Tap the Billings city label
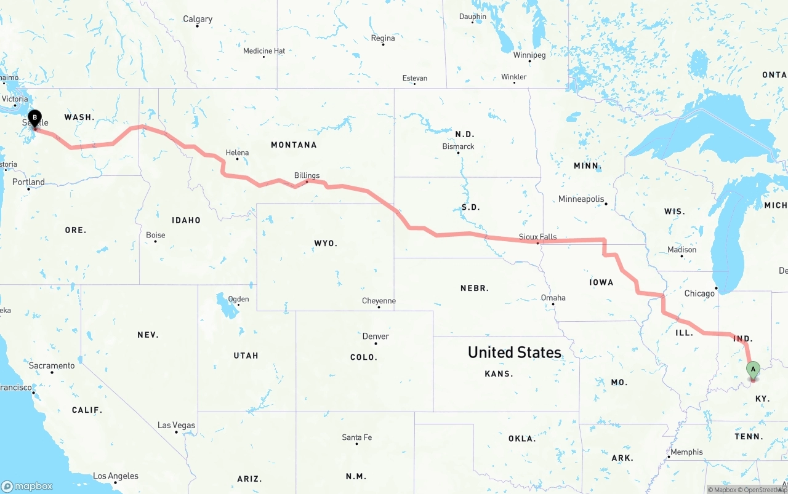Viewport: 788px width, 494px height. [x=307, y=175]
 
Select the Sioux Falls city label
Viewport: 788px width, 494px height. [x=537, y=236]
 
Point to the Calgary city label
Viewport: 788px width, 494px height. [x=198, y=19]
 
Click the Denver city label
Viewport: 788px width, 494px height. [x=376, y=336]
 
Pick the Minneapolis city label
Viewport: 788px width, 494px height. [x=581, y=199]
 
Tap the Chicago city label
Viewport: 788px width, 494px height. [x=699, y=293]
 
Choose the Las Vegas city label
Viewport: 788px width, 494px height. [x=176, y=425]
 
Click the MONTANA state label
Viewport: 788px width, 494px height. [x=294, y=145]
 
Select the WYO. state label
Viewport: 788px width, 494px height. [x=326, y=243]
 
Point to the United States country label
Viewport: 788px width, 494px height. [x=514, y=352]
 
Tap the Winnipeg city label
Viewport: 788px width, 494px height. [x=529, y=55]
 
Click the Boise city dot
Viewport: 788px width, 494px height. [x=155, y=241]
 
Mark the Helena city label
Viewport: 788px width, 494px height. [x=237, y=152]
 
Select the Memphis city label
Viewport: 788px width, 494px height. [x=686, y=452]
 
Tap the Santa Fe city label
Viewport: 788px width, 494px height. [x=356, y=437]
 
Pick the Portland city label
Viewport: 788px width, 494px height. [x=28, y=181]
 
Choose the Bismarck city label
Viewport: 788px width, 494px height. [x=458, y=146]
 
